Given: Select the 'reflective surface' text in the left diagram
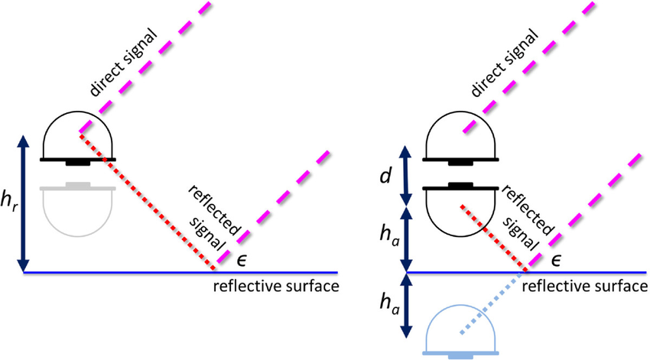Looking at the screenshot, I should pos(276,286).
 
